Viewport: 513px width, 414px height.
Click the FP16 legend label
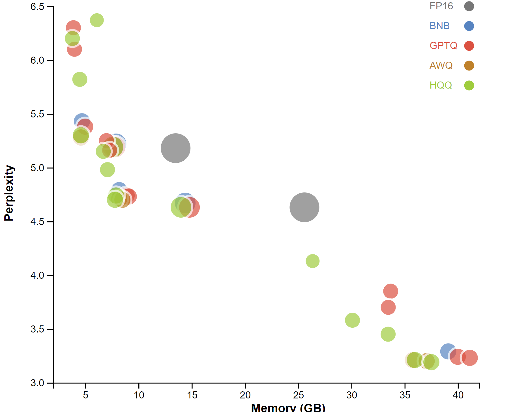click(x=441, y=6)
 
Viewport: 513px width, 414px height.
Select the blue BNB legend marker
click(x=469, y=26)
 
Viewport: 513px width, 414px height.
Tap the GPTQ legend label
click(x=443, y=46)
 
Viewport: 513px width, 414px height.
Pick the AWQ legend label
click(x=441, y=65)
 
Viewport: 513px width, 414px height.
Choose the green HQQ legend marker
click(x=469, y=85)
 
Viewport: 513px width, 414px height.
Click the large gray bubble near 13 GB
click(x=175, y=148)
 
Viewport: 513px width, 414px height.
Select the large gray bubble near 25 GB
click(x=304, y=207)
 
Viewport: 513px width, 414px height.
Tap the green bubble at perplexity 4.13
click(x=312, y=261)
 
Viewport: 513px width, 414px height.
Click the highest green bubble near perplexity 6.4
click(x=97, y=20)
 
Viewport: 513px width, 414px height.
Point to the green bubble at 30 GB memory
click(x=352, y=320)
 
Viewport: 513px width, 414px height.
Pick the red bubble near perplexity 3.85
click(x=390, y=291)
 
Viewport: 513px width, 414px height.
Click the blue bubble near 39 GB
click(x=448, y=351)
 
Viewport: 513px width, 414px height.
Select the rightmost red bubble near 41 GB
click(x=470, y=358)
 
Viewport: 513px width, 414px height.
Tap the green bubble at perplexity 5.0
click(x=107, y=170)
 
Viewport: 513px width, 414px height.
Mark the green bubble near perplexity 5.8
click(x=80, y=79)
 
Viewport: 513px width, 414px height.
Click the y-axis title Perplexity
click(x=9, y=193)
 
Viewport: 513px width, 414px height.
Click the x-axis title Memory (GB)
click(x=288, y=408)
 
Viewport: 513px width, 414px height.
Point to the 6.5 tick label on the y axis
click(x=37, y=7)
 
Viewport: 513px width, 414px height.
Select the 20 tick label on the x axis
click(x=245, y=395)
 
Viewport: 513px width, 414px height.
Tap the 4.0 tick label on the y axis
click(x=37, y=275)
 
